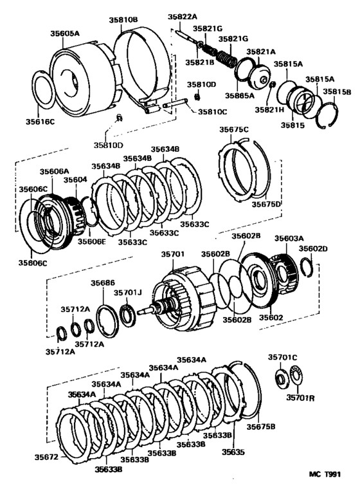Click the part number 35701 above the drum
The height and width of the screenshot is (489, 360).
[172, 255]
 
